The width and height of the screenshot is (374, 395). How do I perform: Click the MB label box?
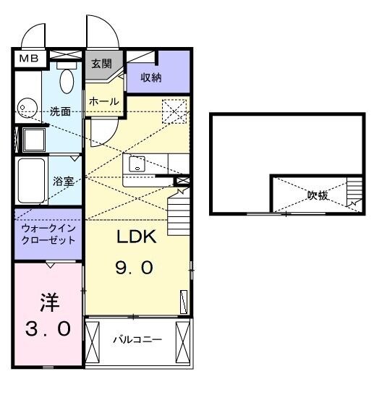click(x=29, y=58)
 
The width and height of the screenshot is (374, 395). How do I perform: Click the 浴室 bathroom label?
click(x=64, y=182)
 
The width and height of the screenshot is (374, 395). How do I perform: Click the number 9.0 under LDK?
click(x=135, y=268)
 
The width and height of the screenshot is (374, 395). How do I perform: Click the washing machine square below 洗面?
click(x=33, y=139)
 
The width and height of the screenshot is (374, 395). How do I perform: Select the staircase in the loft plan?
click(x=354, y=194)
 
